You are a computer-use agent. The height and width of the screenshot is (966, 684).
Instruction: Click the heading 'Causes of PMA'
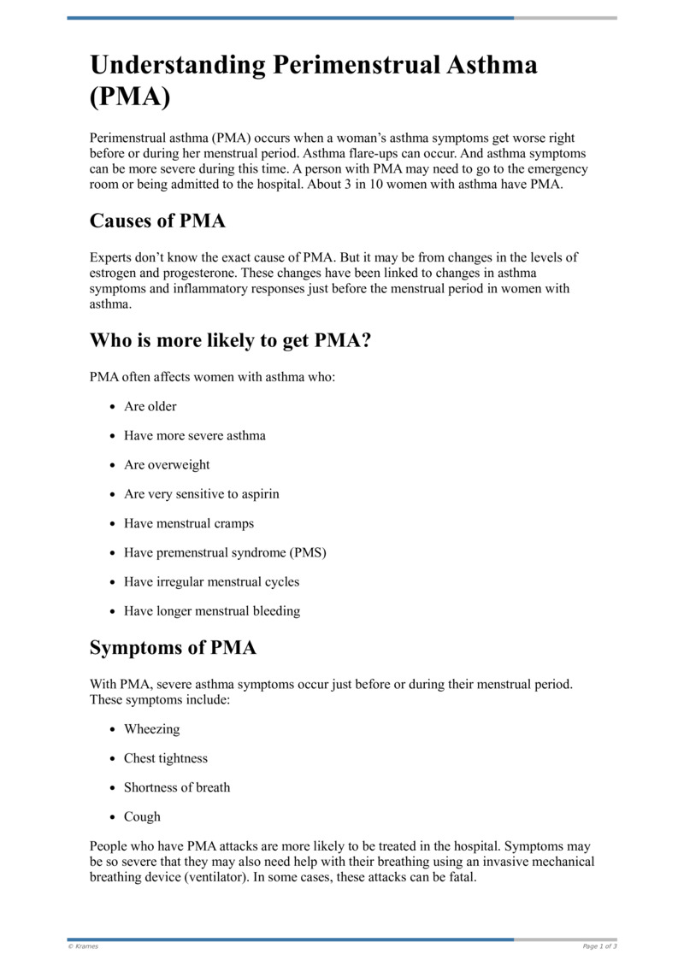pyautogui.click(x=157, y=221)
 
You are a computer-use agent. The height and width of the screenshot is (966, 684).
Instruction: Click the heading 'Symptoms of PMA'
pyautogui.click(x=173, y=648)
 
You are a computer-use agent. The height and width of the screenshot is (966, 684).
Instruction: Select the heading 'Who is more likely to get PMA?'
pyautogui.click(x=230, y=340)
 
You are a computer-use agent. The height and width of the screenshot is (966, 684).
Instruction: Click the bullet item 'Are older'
pyautogui.click(x=150, y=407)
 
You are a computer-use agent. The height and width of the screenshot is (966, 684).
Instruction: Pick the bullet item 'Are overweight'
pyautogui.click(x=167, y=465)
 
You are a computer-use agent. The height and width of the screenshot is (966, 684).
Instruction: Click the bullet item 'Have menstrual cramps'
pyautogui.click(x=188, y=523)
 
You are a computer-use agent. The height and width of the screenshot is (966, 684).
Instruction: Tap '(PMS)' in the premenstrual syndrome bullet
pyautogui.click(x=307, y=552)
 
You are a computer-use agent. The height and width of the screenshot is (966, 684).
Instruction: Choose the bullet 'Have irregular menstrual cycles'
pyautogui.click(x=211, y=581)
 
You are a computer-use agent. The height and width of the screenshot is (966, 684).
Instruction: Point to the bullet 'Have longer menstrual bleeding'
pyautogui.click(x=211, y=610)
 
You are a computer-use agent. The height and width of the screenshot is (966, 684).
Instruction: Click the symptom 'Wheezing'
pyautogui.click(x=151, y=729)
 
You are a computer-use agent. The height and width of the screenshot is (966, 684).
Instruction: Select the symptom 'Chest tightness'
pyautogui.click(x=165, y=758)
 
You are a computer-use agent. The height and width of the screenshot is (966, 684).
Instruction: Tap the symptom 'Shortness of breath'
pyautogui.click(x=176, y=787)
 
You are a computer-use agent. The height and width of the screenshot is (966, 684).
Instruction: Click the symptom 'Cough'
pyautogui.click(x=142, y=816)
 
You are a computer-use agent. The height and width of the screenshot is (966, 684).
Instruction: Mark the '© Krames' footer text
pyautogui.click(x=83, y=946)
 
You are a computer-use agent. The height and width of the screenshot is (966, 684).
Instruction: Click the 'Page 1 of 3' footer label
pyautogui.click(x=598, y=946)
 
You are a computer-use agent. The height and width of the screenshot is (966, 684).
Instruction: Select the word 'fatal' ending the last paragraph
pyautogui.click(x=458, y=878)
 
